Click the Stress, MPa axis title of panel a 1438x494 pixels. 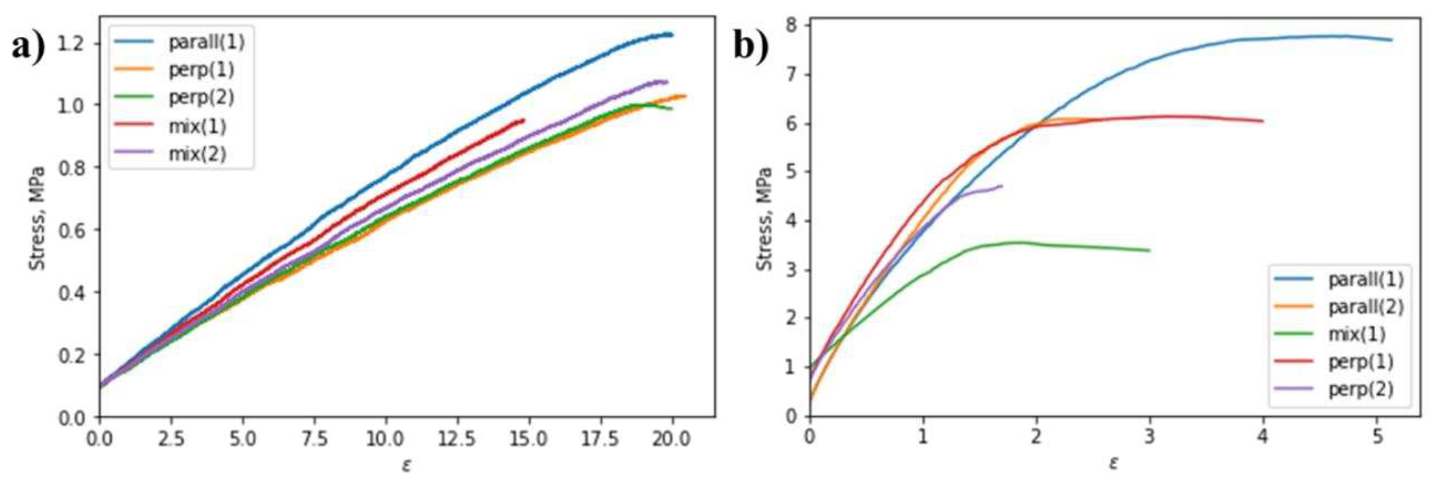coord(37,218)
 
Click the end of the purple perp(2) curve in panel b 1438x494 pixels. coord(1002,186)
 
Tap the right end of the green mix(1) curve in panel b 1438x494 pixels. coord(1150,250)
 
